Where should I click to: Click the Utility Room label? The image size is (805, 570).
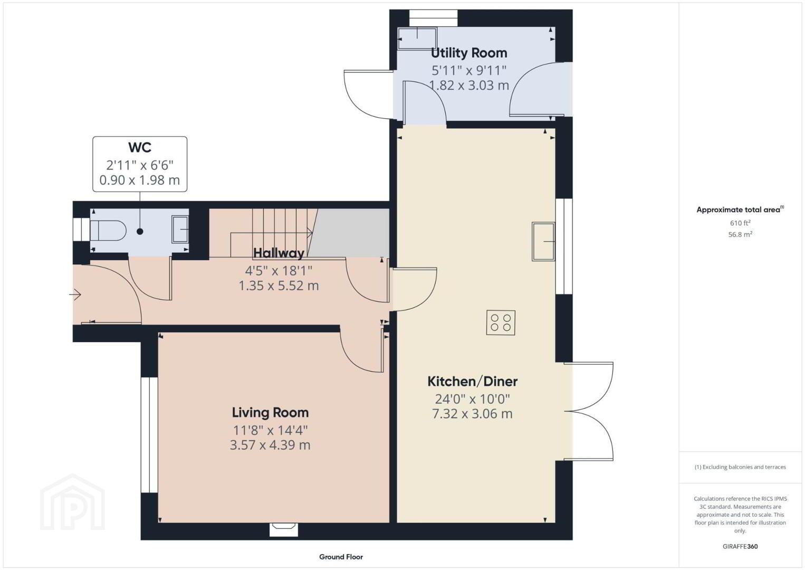pos(469,53)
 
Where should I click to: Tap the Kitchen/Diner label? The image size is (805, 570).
pos(472,381)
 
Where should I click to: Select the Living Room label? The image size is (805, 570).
pos(270,413)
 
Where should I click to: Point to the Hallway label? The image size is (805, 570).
pos(279,253)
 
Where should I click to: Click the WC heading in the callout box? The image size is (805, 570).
pos(140,147)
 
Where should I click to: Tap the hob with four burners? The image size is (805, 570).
pos(501,322)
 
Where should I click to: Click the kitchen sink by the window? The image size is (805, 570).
pos(543,241)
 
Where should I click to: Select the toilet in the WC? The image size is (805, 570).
pos(107,231)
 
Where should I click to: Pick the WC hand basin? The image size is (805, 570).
pos(180,229)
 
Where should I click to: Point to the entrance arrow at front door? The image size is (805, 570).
pos(75,295)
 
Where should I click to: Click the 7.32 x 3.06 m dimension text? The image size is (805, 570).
pos(472,414)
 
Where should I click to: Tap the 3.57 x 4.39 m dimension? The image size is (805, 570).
pos(270,445)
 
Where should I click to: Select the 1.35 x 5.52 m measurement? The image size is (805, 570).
pos(279,286)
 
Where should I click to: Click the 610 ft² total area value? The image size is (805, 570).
pos(740,223)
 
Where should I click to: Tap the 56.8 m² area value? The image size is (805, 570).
pos(740,234)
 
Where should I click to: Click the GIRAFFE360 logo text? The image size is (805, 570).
pos(740,547)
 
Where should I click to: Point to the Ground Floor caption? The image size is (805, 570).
pos(341,557)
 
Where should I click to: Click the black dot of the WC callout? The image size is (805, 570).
pos(140,232)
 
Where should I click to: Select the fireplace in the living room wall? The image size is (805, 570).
pos(284,529)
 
